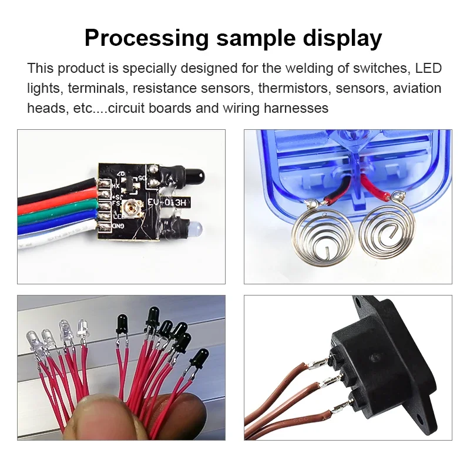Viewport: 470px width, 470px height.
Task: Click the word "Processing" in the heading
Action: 147,38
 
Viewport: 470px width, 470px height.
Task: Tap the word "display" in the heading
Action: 343,38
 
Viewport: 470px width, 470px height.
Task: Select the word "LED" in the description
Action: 428,68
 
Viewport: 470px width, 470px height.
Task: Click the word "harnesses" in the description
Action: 296,108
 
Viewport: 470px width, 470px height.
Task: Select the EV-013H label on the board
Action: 167,203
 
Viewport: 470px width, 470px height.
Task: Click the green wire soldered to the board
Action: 57,209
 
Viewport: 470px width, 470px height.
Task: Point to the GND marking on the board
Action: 118,226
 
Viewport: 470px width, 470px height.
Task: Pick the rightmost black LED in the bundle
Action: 199,359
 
